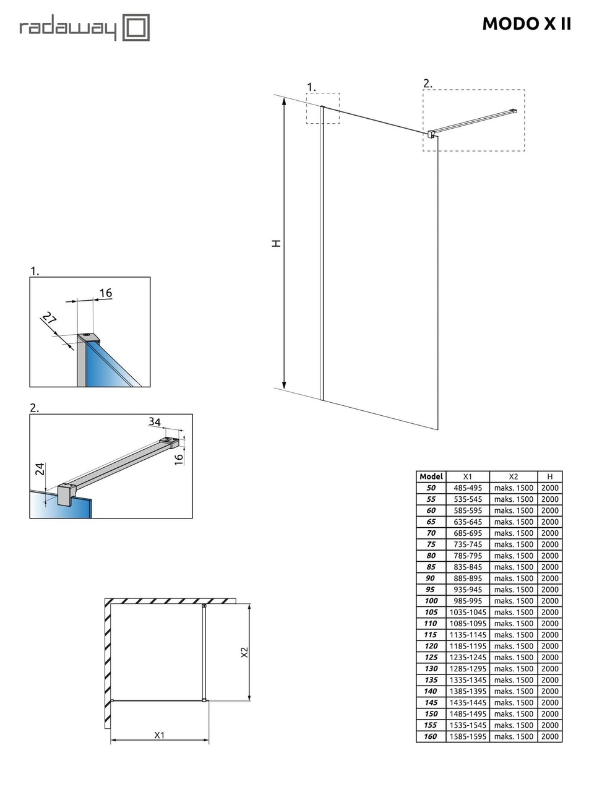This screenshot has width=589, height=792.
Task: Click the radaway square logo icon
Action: click(136, 28)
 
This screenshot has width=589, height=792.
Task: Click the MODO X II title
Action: click(527, 24)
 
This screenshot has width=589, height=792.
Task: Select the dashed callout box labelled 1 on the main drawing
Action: click(322, 108)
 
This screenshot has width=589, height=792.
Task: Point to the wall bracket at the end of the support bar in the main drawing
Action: click(512, 112)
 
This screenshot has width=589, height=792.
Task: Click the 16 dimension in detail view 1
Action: click(106, 293)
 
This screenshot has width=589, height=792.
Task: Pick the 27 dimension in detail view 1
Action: click(49, 320)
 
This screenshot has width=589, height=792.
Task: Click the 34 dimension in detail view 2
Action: click(155, 422)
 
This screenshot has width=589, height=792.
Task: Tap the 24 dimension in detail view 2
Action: click(40, 469)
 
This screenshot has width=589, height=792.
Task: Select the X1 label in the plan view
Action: click(160, 735)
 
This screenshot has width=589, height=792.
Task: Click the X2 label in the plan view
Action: click(244, 652)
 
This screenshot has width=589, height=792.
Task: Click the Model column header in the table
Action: click(431, 476)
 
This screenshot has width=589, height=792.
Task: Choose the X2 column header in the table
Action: click(513, 476)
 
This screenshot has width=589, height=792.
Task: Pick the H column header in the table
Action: click(549, 476)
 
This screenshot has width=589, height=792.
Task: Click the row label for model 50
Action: click(431, 488)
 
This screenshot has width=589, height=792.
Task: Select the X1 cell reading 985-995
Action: click(467, 601)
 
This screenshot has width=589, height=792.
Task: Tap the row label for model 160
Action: click(431, 736)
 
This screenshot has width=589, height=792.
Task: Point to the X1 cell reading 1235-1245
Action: click(467, 657)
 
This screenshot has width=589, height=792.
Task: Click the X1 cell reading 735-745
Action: click(467, 544)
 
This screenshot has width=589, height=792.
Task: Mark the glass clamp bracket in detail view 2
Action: click(66, 496)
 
